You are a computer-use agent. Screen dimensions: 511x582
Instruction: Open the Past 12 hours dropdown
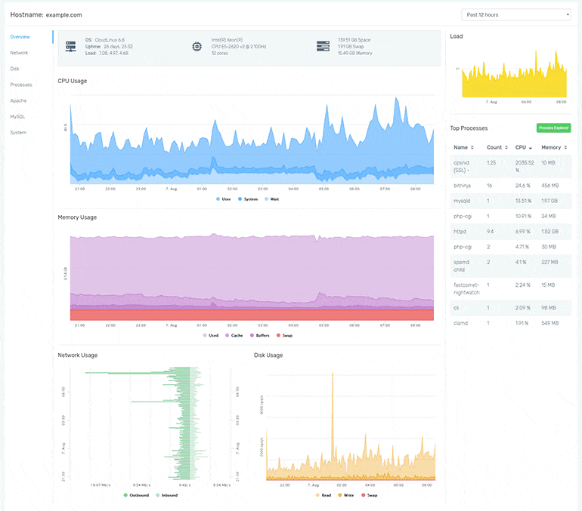pyautogui.click(x=516, y=14)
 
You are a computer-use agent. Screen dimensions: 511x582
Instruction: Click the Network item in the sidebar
pyautogui.click(x=19, y=53)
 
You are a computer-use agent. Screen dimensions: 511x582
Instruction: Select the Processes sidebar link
pyautogui.click(x=21, y=85)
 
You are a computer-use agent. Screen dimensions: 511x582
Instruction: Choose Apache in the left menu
pyautogui.click(x=18, y=100)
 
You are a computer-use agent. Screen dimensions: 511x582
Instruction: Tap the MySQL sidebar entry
pyautogui.click(x=17, y=116)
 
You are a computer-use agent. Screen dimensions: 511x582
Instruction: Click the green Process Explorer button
pyautogui.click(x=553, y=128)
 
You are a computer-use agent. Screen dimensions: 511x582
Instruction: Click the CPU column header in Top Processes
pyautogui.click(x=522, y=147)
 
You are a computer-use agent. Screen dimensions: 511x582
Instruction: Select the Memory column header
pyautogui.click(x=553, y=147)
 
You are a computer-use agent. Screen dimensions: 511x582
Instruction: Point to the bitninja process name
pyautogui.click(x=463, y=185)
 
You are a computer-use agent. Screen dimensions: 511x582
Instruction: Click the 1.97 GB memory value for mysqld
pyautogui.click(x=550, y=201)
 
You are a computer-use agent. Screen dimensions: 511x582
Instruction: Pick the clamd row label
pyautogui.click(x=460, y=322)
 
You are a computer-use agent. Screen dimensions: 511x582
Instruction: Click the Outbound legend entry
pyautogui.click(x=138, y=495)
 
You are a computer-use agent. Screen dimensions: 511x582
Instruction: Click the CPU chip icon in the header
pyautogui.click(x=197, y=47)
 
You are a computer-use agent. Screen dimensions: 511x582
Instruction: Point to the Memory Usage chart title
pyautogui.click(x=77, y=217)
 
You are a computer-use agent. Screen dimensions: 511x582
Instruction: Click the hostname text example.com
pyautogui.click(x=63, y=14)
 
